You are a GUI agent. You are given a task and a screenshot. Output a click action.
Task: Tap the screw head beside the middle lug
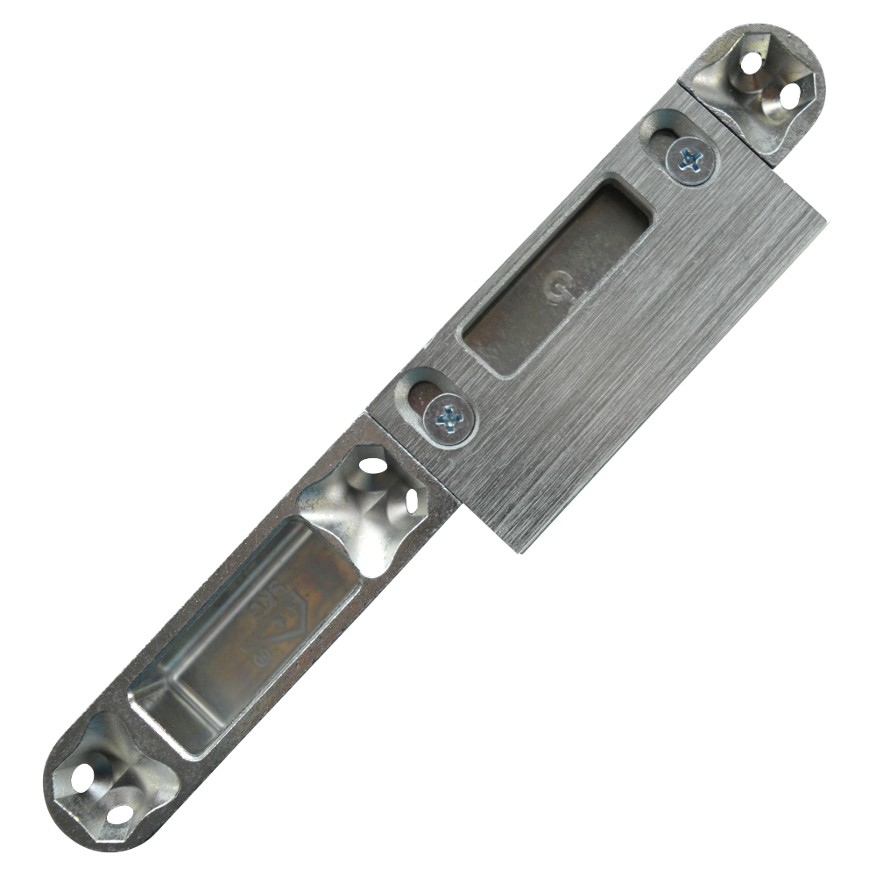448,413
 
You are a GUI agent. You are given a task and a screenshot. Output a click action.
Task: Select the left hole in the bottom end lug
86,774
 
